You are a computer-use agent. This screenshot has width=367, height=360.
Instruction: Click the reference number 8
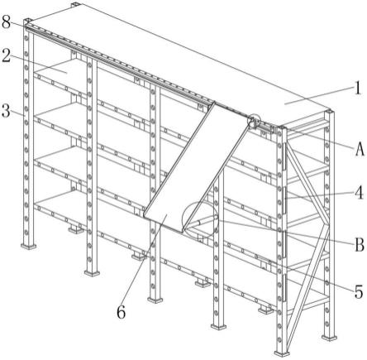point(7,22)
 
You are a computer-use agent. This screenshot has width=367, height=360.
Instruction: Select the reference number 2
point(7,55)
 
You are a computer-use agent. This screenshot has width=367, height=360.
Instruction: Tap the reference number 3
point(6,110)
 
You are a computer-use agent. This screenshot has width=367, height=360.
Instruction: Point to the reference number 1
point(357,89)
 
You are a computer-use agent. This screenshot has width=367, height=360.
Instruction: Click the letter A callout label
point(360,150)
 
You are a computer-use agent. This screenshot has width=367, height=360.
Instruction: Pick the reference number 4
point(359,193)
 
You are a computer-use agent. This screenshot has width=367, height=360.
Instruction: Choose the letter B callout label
point(360,244)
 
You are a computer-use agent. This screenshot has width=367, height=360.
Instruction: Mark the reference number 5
point(359,292)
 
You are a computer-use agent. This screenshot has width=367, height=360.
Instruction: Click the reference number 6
point(122,312)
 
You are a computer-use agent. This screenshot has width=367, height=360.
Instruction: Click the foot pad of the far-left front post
point(28,245)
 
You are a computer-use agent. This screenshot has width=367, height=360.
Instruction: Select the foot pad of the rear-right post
point(330,338)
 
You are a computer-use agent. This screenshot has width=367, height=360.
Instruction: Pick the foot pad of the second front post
point(93,273)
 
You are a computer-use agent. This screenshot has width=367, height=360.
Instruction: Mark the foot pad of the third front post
point(155,300)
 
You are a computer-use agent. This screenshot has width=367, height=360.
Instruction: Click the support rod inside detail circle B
point(202,221)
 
